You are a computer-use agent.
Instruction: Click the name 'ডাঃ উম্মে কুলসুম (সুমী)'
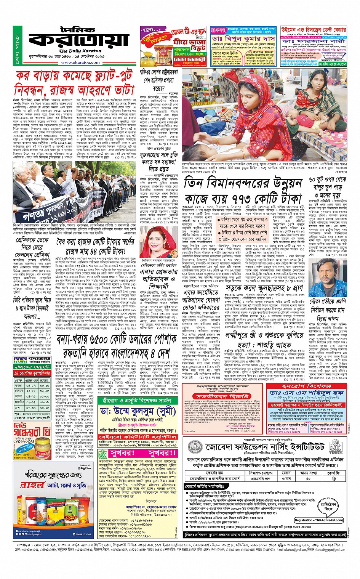click(x=138, y=412)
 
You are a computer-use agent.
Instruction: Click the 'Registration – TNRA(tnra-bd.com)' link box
click(x=318, y=520)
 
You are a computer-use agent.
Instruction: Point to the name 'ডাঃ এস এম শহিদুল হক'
click(x=307, y=393)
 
